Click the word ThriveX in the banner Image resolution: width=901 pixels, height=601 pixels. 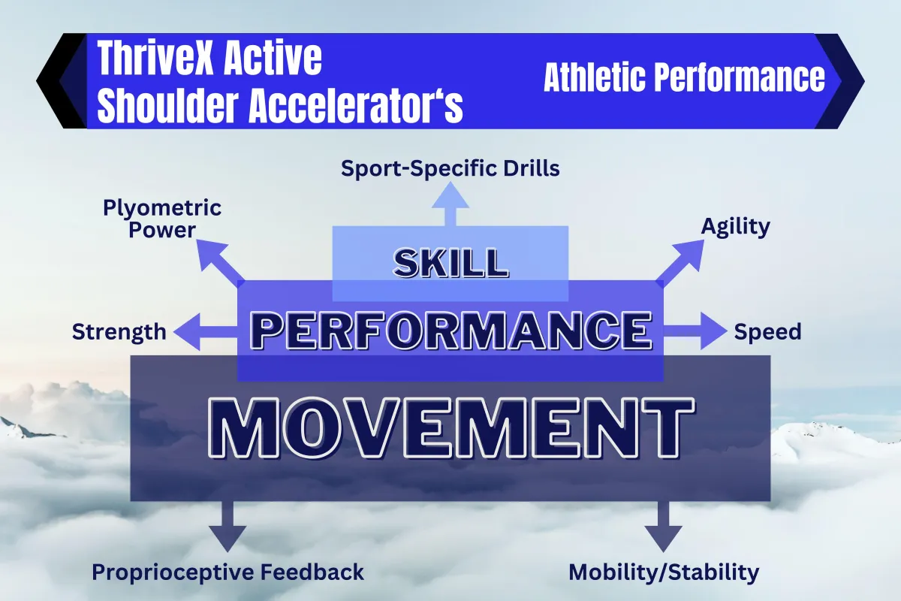tap(155, 58)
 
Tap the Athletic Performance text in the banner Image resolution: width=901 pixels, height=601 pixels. tap(684, 77)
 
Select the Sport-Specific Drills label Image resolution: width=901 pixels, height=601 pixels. tap(450, 168)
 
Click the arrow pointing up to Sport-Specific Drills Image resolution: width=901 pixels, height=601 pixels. tap(450, 204)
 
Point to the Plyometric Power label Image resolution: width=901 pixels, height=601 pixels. tap(162, 219)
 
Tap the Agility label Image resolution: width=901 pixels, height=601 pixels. tap(735, 227)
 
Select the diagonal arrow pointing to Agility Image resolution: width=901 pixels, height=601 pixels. tap(680, 263)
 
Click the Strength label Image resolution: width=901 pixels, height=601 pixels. tap(119, 332)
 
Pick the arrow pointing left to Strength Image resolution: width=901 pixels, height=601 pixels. tap(206, 331)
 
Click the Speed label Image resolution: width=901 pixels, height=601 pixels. tap(767, 332)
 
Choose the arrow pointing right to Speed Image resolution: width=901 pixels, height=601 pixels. tap(695, 331)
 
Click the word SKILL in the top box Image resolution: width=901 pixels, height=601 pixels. tap(450, 263)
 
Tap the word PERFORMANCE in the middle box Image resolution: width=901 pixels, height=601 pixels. tap(450, 331)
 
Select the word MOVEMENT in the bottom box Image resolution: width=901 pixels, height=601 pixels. tap(451, 428)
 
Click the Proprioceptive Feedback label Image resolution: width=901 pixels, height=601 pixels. tap(228, 572)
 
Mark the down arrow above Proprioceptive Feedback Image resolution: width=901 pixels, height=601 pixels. tap(228, 526)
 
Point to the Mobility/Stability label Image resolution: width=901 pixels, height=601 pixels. tap(664, 572)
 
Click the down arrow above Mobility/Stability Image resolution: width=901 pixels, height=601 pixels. tap(663, 526)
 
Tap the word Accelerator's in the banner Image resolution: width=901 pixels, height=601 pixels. tap(356, 105)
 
